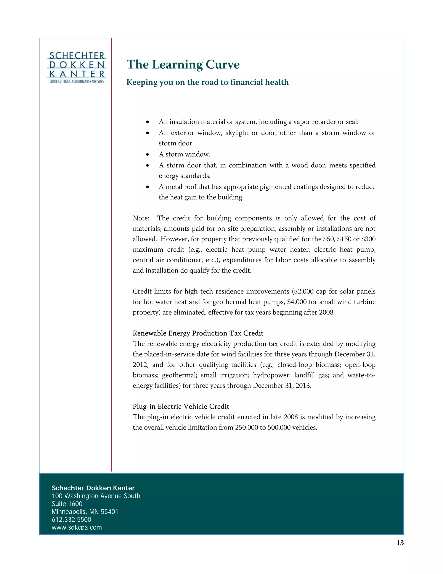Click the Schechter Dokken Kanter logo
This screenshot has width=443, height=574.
[x=77, y=68]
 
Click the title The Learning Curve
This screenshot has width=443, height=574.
[x=183, y=65]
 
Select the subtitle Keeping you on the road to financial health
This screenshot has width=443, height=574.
[x=207, y=82]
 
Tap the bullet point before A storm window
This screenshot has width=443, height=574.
[x=148, y=154]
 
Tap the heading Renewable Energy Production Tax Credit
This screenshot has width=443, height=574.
[x=198, y=333]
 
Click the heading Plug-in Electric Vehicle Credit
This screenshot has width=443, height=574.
[x=181, y=407]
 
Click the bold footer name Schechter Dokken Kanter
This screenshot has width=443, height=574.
[x=93, y=488]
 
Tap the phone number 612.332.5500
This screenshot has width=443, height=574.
[x=71, y=520]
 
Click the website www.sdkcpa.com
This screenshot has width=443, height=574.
[x=77, y=527]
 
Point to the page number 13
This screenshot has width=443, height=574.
[x=400, y=543]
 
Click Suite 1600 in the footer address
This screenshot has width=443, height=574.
[x=67, y=504]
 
